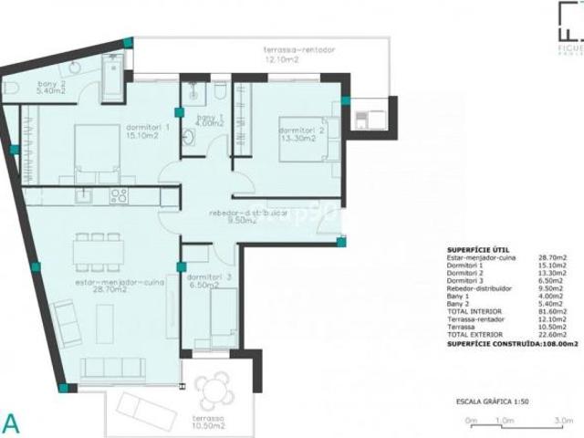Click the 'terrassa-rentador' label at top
[x=282, y=54]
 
